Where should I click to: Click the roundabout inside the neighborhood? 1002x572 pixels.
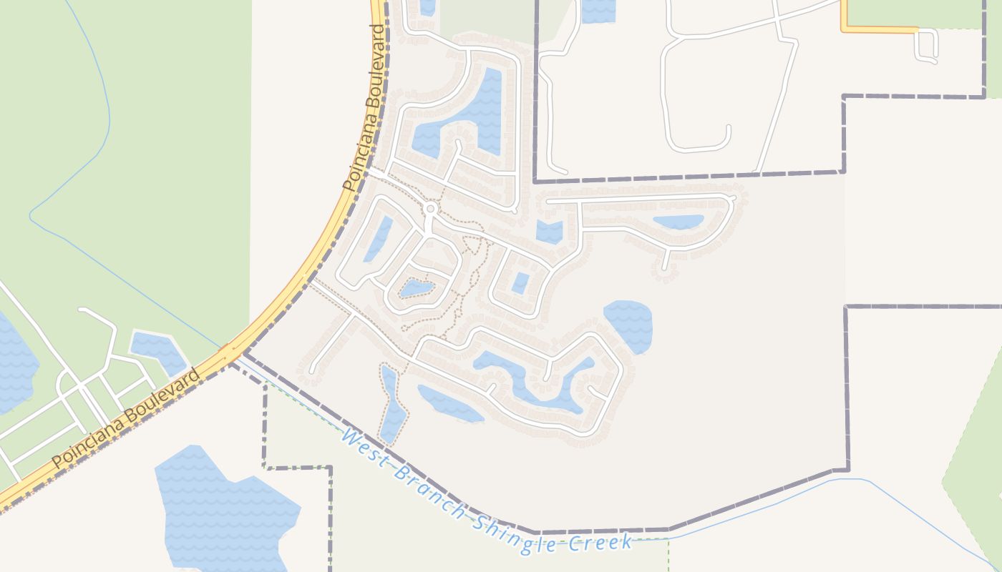tap(430, 209)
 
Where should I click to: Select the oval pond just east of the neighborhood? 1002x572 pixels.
tap(628, 325)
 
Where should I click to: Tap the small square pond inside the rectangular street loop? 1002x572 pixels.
tap(520, 283)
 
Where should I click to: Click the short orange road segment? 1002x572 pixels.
tap(879, 29)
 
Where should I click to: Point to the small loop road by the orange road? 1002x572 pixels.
tap(926, 46)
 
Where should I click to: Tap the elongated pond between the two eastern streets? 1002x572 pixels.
tap(678, 222)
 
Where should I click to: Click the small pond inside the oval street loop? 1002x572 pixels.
tap(417, 289)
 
